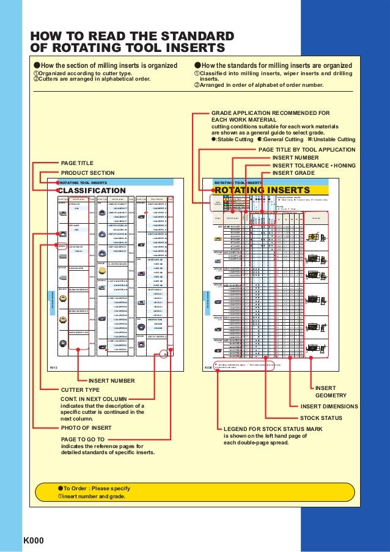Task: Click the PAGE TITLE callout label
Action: coord(77,164)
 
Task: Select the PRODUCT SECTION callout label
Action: coord(88,173)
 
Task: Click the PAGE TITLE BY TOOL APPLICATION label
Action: coord(307,149)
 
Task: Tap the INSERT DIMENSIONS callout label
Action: coord(329,406)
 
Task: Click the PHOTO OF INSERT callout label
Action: coord(86,427)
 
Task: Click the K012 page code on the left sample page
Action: coord(53,350)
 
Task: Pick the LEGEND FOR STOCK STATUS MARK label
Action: coord(276,429)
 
